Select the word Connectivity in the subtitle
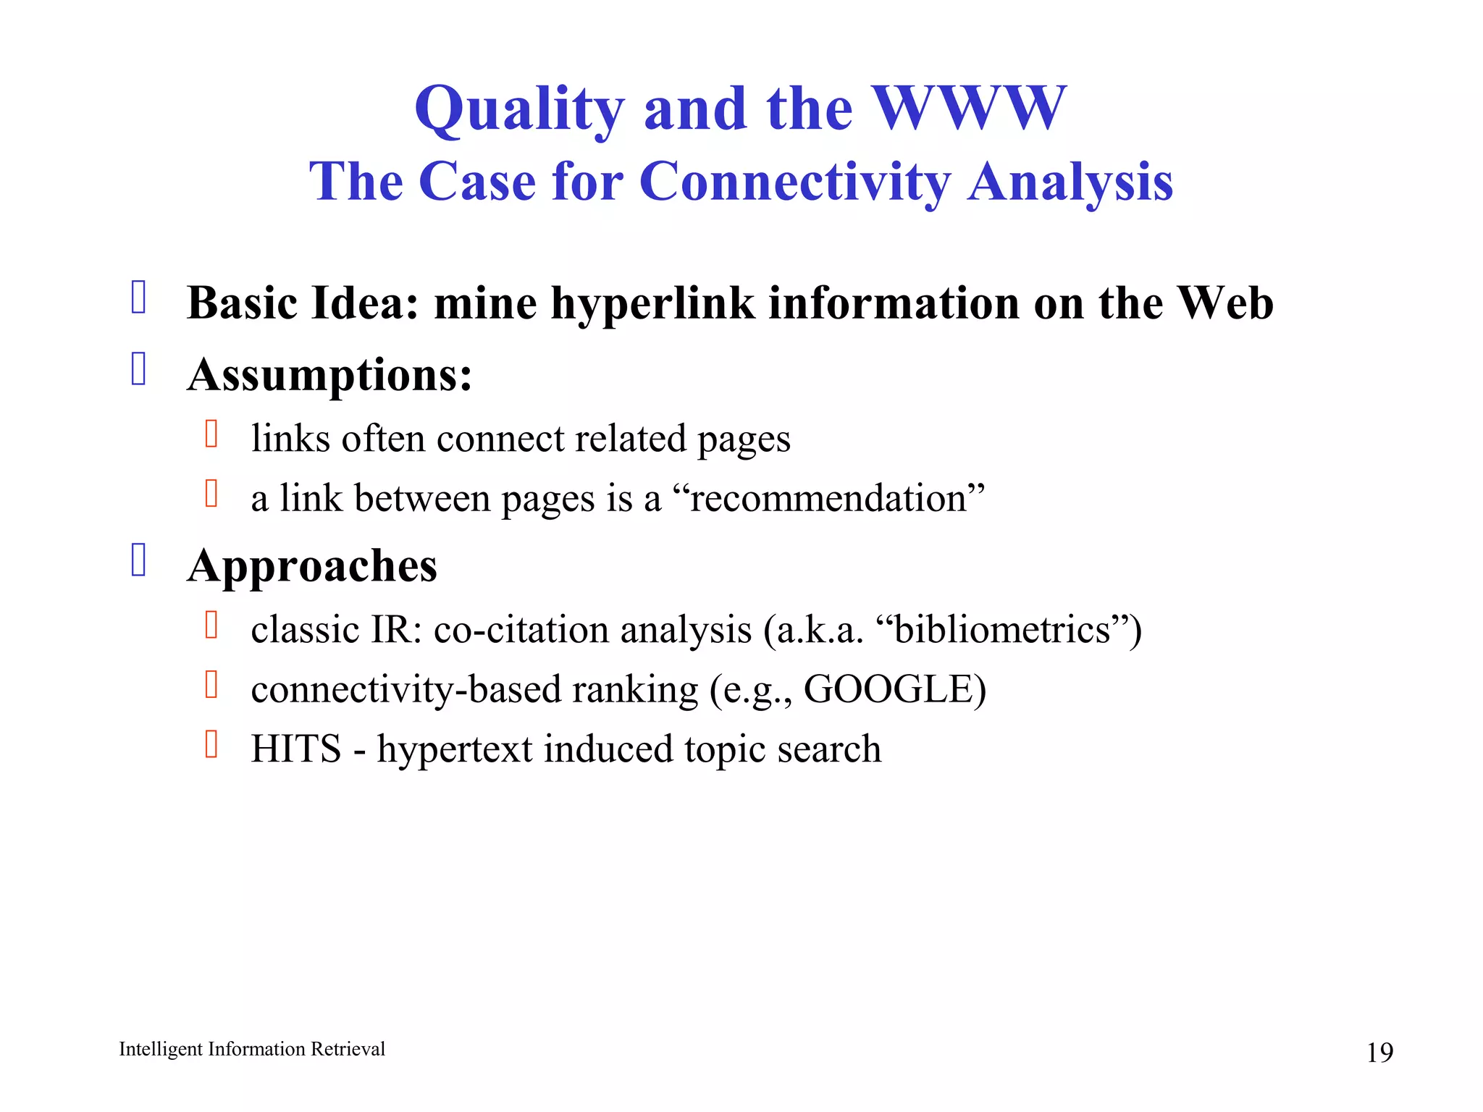point(794,182)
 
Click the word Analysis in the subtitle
point(1070,182)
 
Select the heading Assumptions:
point(329,375)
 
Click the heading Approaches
point(312,565)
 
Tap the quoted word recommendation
point(828,499)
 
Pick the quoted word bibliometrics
point(1002,630)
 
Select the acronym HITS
point(295,749)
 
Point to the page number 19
point(1379,1052)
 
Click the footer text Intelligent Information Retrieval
point(252,1049)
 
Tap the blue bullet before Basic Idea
point(139,297)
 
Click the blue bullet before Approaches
point(139,560)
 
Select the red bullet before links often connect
point(211,434)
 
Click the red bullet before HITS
point(211,744)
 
